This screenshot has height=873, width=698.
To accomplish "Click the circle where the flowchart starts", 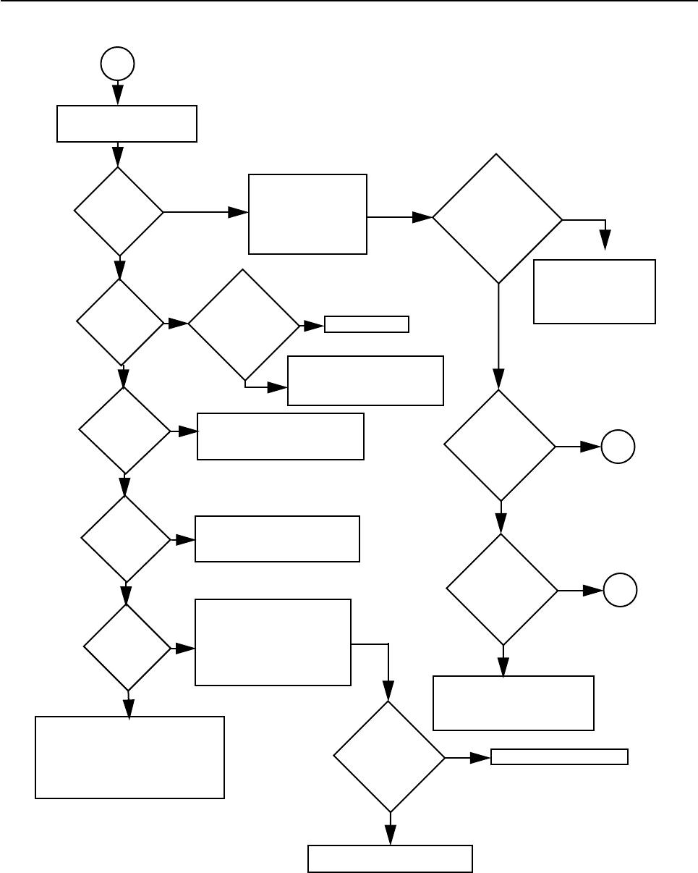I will pyautogui.click(x=117, y=64).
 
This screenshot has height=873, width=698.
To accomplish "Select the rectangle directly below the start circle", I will pyautogui.click(x=127, y=124).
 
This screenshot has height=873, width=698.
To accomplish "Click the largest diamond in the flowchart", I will pyautogui.click(x=498, y=218).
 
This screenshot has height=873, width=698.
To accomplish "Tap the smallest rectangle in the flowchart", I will pyautogui.click(x=367, y=324).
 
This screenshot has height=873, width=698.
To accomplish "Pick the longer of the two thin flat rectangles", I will pyautogui.click(x=559, y=757).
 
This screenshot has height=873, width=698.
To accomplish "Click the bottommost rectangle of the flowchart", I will pyautogui.click(x=391, y=859).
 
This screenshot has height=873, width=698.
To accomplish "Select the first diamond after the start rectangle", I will pyautogui.click(x=119, y=212).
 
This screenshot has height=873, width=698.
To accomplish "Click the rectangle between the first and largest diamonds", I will pyautogui.click(x=307, y=214).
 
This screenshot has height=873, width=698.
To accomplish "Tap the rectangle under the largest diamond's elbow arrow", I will pyautogui.click(x=595, y=292).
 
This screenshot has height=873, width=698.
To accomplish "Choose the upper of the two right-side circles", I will pyautogui.click(x=618, y=447).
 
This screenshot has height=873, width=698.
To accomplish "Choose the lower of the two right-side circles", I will pyautogui.click(x=621, y=591).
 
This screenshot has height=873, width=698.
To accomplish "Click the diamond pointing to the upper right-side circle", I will pyautogui.click(x=500, y=446).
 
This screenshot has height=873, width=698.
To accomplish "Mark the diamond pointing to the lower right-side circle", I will pyautogui.click(x=502, y=590).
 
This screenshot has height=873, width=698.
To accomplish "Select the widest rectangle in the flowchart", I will pyautogui.click(x=129, y=757).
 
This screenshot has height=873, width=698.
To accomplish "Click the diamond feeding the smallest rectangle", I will pyautogui.click(x=244, y=325).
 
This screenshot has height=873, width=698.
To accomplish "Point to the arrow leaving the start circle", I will pyautogui.click(x=117, y=93).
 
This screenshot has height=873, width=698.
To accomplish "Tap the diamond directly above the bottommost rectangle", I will pyautogui.click(x=390, y=757).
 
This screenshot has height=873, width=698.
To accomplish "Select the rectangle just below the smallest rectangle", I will pyautogui.click(x=365, y=381).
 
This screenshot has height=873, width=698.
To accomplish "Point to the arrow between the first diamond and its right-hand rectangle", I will pyautogui.click(x=205, y=212).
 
